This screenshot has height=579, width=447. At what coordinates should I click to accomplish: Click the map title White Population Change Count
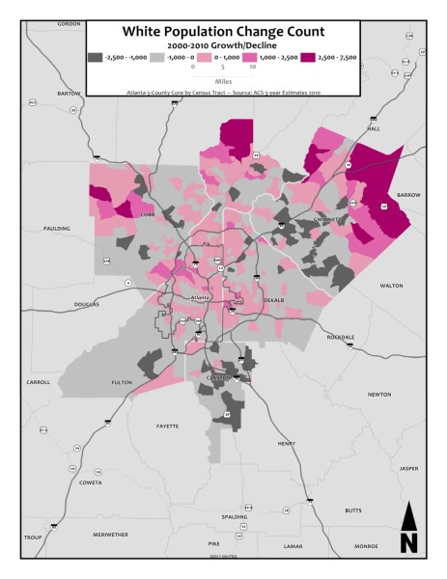[223, 32]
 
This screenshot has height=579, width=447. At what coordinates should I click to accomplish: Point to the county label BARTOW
[69, 94]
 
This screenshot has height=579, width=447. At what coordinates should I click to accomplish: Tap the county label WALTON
[391, 286]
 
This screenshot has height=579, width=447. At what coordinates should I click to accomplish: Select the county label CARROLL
[38, 382]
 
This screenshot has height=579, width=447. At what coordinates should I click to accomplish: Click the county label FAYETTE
[168, 426]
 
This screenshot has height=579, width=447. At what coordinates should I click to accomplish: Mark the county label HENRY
[287, 443]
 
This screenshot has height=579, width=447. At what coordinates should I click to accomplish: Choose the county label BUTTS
[353, 510]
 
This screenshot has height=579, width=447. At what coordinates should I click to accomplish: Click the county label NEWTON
[379, 394]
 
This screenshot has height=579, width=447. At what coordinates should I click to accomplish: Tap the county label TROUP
[34, 537]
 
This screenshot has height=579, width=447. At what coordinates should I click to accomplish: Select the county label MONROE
[366, 546]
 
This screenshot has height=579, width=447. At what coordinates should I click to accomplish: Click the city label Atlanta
[200, 297]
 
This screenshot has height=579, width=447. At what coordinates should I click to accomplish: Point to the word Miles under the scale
[223, 81]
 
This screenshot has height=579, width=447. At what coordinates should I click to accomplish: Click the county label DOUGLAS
[87, 305]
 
